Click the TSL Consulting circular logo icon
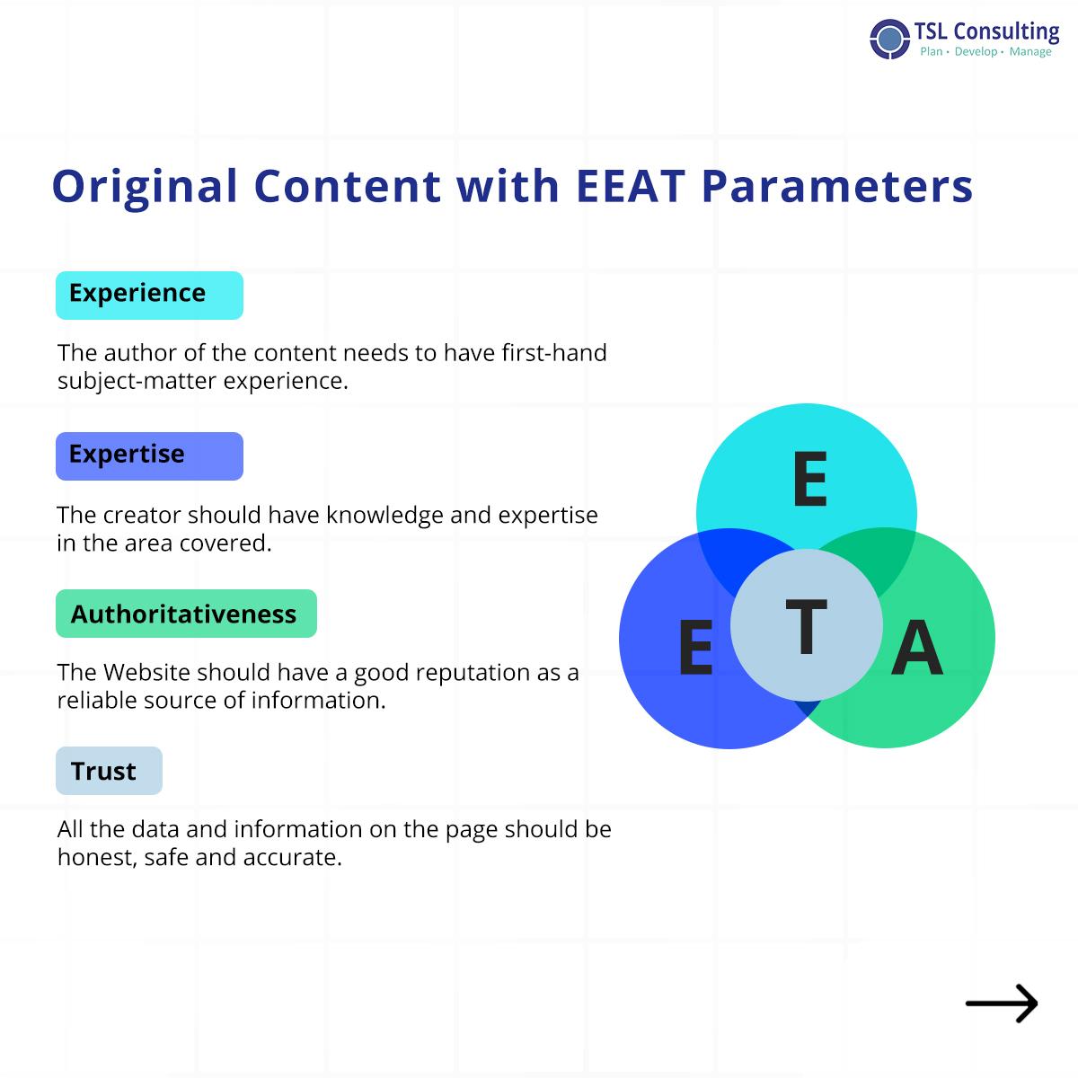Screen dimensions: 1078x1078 (889, 40)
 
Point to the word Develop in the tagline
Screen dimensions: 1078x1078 (976, 52)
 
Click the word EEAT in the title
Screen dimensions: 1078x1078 (631, 186)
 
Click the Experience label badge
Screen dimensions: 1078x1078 (149, 296)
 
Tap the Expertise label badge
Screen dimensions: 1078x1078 (149, 456)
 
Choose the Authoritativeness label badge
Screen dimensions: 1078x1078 (186, 614)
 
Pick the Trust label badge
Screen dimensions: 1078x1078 (109, 770)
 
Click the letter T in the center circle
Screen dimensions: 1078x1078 (806, 626)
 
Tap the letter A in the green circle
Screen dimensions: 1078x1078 (917, 647)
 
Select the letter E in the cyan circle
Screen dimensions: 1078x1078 (810, 479)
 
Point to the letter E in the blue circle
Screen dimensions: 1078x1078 (696, 647)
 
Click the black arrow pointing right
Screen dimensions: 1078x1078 (1002, 1003)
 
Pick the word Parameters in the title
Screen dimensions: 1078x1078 (837, 186)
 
